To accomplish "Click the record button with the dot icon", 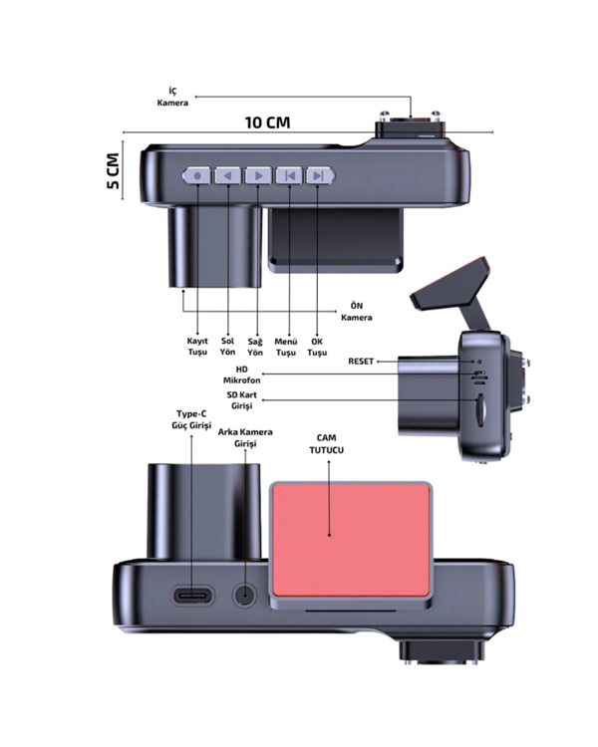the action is pyautogui.click(x=197, y=175).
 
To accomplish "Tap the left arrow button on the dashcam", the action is pyautogui.click(x=228, y=175).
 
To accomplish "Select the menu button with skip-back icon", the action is pyautogui.click(x=289, y=175).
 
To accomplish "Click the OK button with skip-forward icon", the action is pyautogui.click(x=320, y=175).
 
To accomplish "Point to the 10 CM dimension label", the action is pyautogui.click(x=267, y=123).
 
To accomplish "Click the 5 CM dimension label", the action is pyautogui.click(x=113, y=171).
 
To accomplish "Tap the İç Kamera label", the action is pyautogui.click(x=172, y=97).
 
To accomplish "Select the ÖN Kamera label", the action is pyautogui.click(x=356, y=312).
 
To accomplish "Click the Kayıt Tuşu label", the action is pyautogui.click(x=197, y=347).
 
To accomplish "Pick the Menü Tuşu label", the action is pyautogui.click(x=286, y=347).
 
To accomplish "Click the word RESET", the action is pyautogui.click(x=361, y=362).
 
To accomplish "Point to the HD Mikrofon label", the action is pyautogui.click(x=242, y=374).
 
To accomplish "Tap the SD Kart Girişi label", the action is pyautogui.click(x=242, y=400).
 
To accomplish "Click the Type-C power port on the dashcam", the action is pyautogui.click(x=192, y=596).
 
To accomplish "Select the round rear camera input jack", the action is pyautogui.click(x=245, y=596).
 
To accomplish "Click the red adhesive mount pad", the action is pyautogui.click(x=351, y=540).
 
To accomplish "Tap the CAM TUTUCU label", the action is pyautogui.click(x=327, y=444).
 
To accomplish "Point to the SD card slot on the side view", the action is pyautogui.click(x=481, y=409).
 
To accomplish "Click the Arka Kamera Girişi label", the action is pyautogui.click(x=245, y=438).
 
